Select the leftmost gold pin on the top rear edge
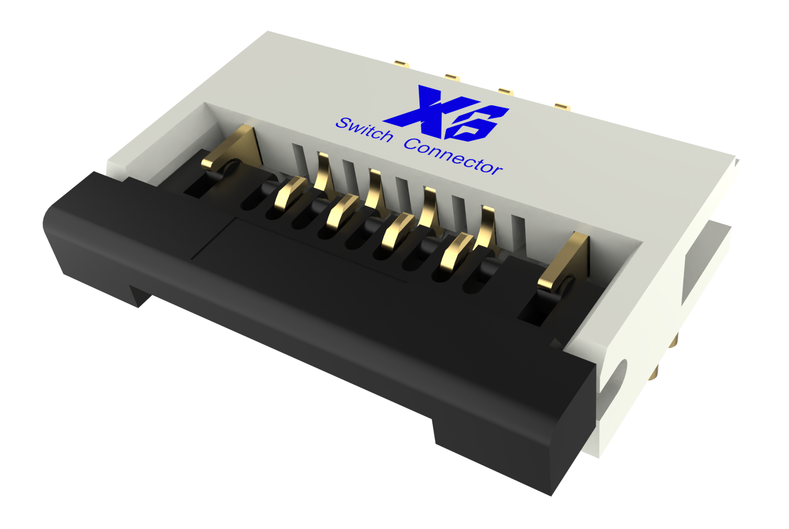click(x=401, y=64)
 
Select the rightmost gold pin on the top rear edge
click(x=562, y=106)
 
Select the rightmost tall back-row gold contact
click(x=487, y=227)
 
